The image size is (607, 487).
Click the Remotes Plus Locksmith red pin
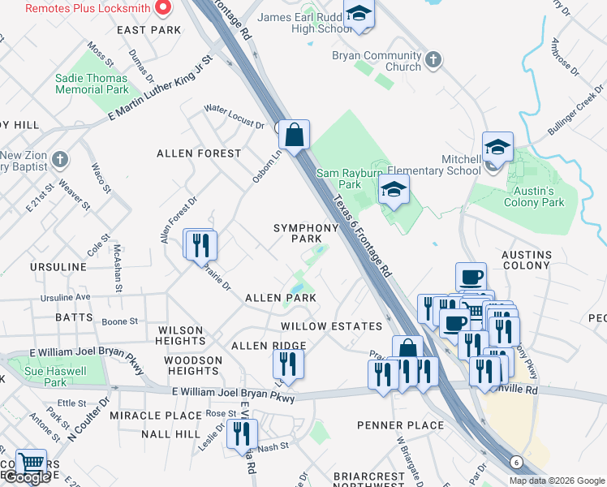[x=162, y=8]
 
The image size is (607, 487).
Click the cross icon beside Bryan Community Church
[x=433, y=59]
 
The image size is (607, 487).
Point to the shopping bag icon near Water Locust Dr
[x=295, y=134]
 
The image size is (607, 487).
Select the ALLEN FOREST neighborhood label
[x=199, y=153]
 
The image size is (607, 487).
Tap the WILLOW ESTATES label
[x=331, y=326]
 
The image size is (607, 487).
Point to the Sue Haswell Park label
[x=56, y=376]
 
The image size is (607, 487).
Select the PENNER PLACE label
[x=401, y=425]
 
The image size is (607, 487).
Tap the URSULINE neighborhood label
[x=58, y=267]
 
